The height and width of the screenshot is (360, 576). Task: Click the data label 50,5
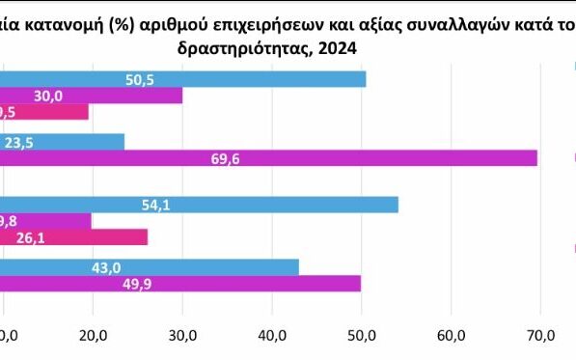coord(141,79)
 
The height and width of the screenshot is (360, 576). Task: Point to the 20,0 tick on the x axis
coord(93,335)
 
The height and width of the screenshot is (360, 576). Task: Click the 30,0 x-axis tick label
coord(182,335)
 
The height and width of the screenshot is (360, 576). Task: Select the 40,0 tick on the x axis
coord(272,335)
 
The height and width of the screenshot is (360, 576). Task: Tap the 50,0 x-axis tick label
coord(362,335)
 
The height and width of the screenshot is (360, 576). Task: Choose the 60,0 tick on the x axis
coord(452,335)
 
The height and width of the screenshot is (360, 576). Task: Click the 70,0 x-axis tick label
coord(541,335)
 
